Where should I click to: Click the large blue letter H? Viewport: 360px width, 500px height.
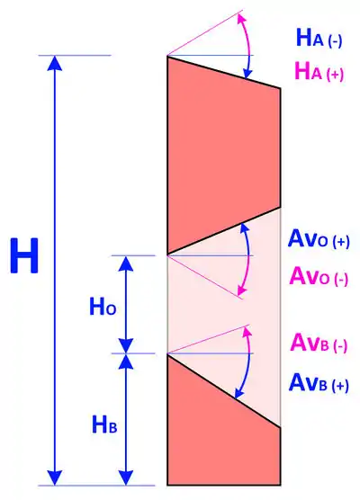click(24, 255)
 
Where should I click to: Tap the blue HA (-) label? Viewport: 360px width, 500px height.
click(319, 38)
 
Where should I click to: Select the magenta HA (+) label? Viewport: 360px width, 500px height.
click(319, 71)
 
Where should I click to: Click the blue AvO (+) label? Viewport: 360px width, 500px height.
click(319, 239)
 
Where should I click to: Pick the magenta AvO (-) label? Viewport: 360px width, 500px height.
click(319, 276)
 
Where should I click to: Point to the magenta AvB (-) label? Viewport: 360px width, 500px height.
click(319, 343)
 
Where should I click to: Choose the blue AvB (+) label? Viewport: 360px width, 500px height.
click(319, 383)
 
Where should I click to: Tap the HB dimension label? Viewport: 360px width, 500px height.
click(104, 424)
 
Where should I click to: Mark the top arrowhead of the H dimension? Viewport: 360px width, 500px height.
click(55, 63)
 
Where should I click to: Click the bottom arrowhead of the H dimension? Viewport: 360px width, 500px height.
click(55, 478)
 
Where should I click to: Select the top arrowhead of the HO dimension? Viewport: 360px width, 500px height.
click(126, 263)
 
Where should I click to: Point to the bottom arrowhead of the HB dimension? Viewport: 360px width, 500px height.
click(126, 478)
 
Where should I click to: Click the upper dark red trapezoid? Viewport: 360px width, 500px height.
click(223, 153)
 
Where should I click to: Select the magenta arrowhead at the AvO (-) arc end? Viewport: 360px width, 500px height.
click(242, 290)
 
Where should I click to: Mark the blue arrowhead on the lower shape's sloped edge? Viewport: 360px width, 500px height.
click(238, 393)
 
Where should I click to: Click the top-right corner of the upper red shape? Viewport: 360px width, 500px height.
click(281, 88)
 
